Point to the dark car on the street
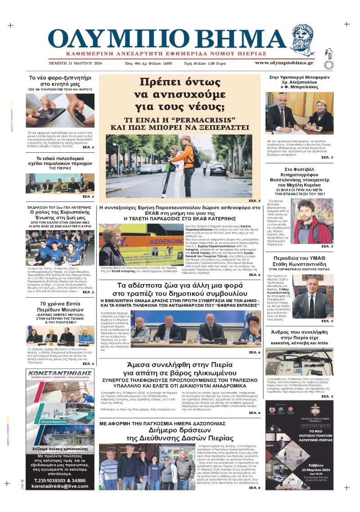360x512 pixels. tap(218, 169)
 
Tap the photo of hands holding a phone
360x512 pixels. tap(60, 111)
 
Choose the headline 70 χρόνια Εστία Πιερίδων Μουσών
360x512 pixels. tap(60, 304)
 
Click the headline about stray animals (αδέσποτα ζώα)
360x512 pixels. tap(180, 290)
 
